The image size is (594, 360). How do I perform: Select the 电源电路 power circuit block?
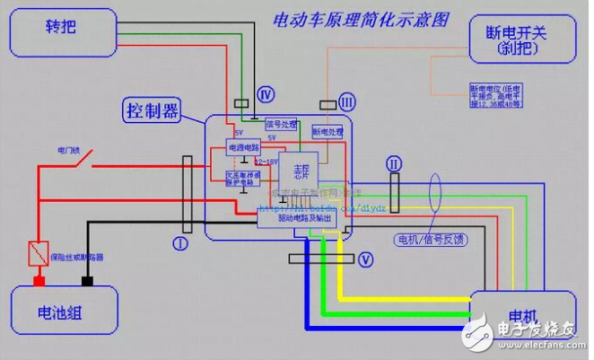coord(243,147)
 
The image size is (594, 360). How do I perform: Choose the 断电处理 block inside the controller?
coord(328,131)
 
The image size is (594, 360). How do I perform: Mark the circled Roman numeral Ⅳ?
coord(265,94)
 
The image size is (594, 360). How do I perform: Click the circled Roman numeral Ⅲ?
coord(347,103)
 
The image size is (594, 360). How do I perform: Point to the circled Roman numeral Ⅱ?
coord(392,163)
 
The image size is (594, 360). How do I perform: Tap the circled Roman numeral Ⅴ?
coord(364,259)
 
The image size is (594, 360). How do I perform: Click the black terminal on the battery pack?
coord(87,281)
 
